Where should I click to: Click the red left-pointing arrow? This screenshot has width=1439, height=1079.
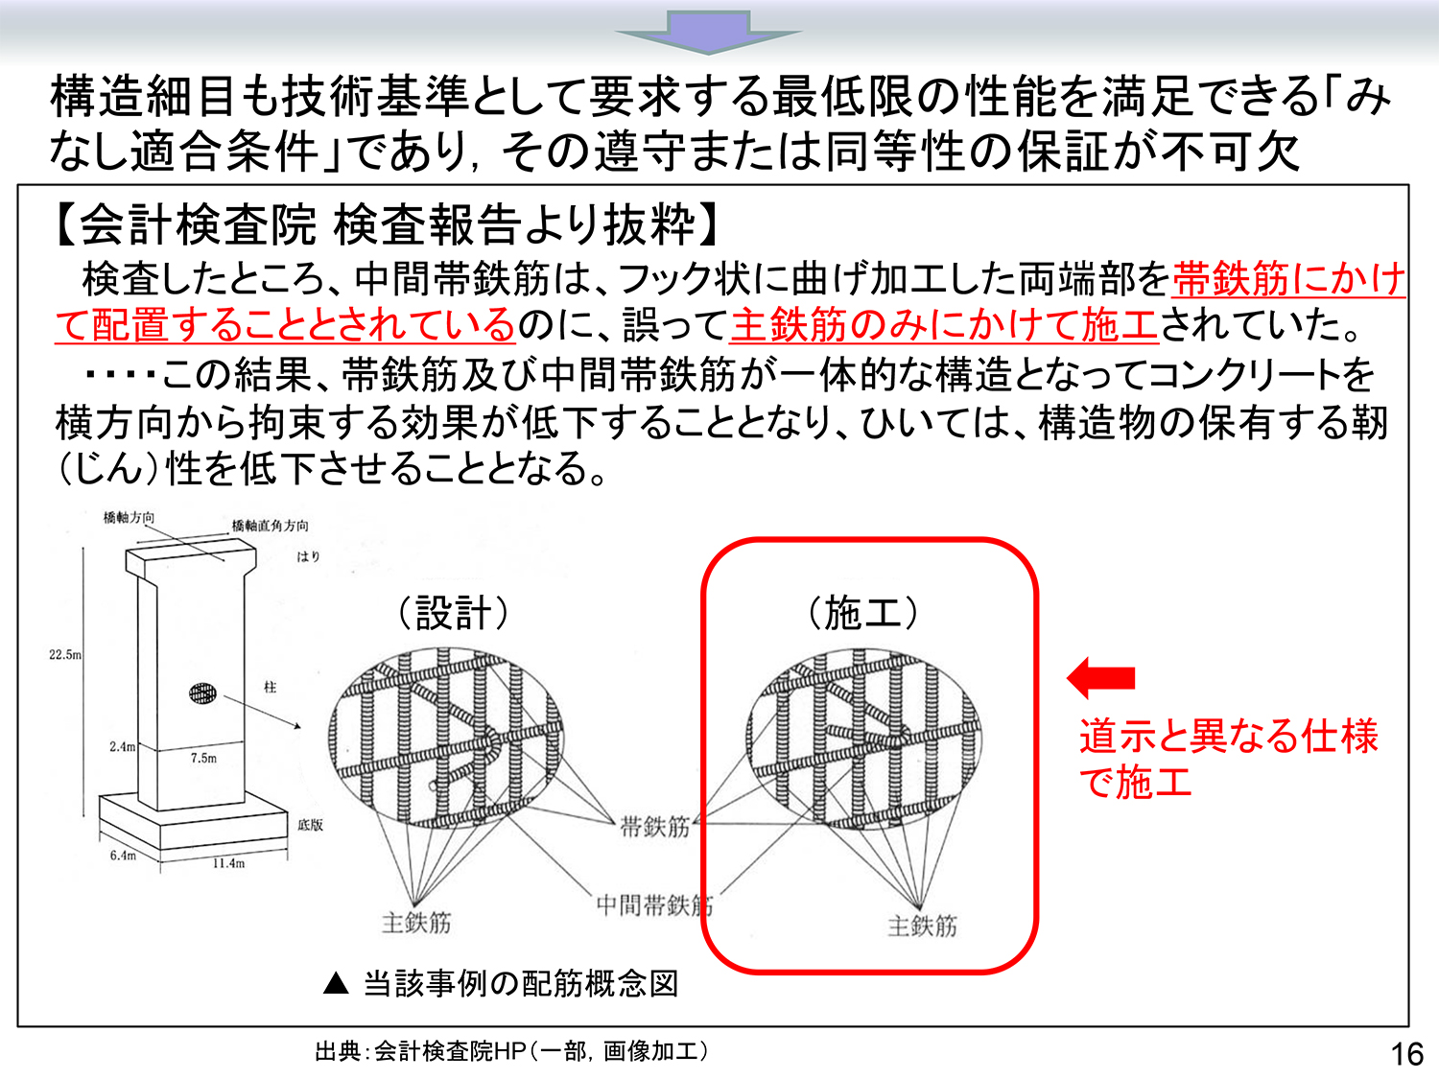point(1100,677)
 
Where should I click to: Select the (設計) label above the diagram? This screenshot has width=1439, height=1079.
point(453,613)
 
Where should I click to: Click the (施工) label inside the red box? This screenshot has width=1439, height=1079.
point(862,613)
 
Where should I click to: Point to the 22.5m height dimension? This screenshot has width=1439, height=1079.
point(65,654)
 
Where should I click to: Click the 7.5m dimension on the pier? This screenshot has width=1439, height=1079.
point(203,758)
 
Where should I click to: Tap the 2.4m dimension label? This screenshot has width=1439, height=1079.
point(123,746)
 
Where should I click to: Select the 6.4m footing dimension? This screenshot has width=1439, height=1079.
point(123,855)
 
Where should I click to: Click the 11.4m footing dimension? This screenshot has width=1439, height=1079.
point(228,863)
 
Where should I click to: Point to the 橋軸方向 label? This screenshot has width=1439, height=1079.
point(129,518)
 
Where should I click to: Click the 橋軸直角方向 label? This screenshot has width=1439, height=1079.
point(270,526)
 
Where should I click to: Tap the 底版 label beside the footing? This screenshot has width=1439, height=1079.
point(310,824)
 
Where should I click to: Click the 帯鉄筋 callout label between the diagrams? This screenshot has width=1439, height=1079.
point(655,827)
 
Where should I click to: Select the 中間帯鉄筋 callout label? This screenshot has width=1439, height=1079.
point(654,905)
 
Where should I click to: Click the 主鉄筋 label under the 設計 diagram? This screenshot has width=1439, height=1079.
point(416,923)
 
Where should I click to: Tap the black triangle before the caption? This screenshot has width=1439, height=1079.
point(336,983)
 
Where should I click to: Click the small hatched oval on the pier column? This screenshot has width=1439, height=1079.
point(202,692)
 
